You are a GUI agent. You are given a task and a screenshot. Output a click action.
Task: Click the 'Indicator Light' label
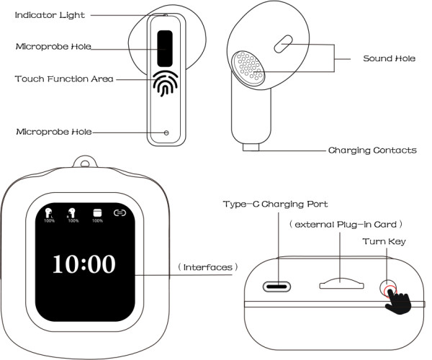[x=49, y=14]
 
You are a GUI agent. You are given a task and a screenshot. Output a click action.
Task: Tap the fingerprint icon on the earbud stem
[x=166, y=84]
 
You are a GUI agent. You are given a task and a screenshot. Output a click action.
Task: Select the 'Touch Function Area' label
[x=64, y=78]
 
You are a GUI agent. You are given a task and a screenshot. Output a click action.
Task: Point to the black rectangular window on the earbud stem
[x=166, y=47]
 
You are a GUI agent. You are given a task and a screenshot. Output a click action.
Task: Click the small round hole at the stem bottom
[x=167, y=132]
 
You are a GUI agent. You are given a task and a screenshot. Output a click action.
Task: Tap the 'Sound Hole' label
[x=389, y=58]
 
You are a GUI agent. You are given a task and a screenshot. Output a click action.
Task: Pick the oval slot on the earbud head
[x=284, y=44]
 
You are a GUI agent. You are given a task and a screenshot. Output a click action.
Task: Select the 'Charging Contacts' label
[x=372, y=150]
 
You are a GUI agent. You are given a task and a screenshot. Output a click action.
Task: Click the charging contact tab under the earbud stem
[x=251, y=148]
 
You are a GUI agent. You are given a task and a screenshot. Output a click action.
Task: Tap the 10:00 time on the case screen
[x=83, y=264]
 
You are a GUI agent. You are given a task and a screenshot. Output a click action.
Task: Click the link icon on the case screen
[x=120, y=212]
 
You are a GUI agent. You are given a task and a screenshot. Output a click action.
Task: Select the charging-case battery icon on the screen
[x=96, y=212]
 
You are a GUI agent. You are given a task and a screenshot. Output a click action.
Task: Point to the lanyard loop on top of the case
[x=86, y=165]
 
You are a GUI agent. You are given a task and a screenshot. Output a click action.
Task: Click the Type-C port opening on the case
[x=279, y=285]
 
